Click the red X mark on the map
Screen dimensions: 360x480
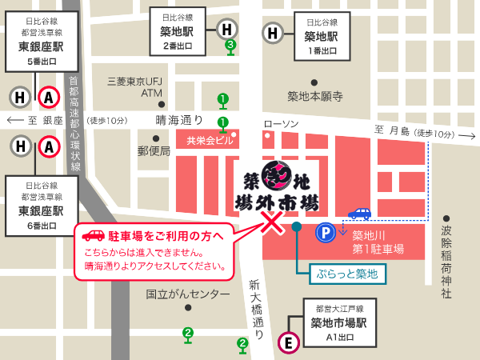(x=272, y=224)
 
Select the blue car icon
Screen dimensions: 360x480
(x=359, y=214)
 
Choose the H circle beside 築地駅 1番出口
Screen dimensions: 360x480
(x=273, y=33)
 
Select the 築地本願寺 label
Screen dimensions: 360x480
(x=315, y=97)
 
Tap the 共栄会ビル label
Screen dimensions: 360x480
(x=209, y=141)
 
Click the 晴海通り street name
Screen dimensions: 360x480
(x=180, y=120)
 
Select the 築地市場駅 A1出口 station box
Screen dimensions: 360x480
(x=338, y=324)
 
